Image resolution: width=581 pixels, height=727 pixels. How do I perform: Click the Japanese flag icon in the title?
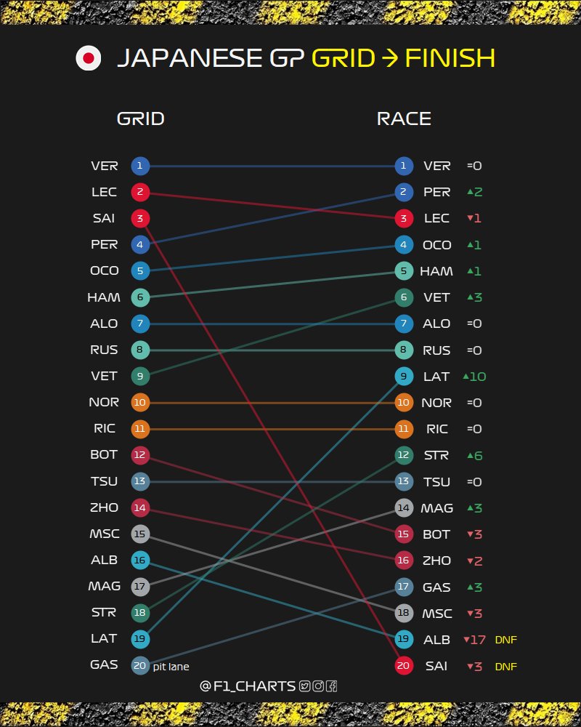[x=89, y=58]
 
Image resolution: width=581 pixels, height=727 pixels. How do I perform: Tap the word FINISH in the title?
[x=450, y=58]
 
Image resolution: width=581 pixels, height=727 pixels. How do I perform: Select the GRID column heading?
[x=141, y=119]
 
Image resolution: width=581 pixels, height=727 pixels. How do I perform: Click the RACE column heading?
[x=404, y=119]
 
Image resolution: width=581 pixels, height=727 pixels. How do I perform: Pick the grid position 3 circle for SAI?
[x=140, y=218]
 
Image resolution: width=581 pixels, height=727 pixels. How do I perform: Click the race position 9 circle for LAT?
[x=404, y=377]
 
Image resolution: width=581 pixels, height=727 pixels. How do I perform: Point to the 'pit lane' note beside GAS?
[x=171, y=667]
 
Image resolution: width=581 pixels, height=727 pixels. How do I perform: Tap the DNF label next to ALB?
[x=506, y=640]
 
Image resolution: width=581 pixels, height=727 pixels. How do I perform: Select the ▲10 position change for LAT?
[x=474, y=377]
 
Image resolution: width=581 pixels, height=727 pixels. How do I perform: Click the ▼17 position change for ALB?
[x=474, y=640]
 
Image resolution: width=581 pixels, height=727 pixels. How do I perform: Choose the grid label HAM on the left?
[x=104, y=297]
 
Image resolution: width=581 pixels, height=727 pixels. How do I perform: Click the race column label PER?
[x=436, y=192]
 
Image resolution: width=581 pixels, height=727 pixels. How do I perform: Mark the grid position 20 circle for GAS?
[x=140, y=666]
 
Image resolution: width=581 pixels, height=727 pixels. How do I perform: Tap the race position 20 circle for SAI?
[x=404, y=666]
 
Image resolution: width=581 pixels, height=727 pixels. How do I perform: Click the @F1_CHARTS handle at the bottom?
[x=248, y=686]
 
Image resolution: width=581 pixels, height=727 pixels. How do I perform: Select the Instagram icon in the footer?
[x=318, y=686]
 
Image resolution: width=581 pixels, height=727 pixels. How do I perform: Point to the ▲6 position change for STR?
[x=475, y=456]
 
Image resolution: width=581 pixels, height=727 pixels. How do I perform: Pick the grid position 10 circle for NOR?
[x=140, y=403]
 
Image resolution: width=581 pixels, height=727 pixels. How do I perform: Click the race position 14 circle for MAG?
[x=404, y=507]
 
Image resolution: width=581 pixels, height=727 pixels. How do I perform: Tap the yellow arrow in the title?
[x=390, y=58]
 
